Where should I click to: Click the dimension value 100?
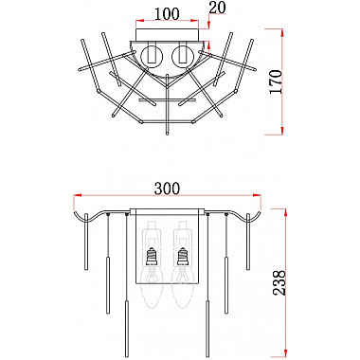(167, 14)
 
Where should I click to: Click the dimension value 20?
(218, 9)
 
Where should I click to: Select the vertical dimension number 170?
(276, 81)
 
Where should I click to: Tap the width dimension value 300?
(167, 189)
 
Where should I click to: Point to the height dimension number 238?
(279, 282)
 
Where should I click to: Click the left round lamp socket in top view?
(152, 57)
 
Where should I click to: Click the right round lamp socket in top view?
(183, 57)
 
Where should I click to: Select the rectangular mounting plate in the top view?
(168, 34)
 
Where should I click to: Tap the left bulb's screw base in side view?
(152, 257)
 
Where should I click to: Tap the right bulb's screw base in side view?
(183, 257)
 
